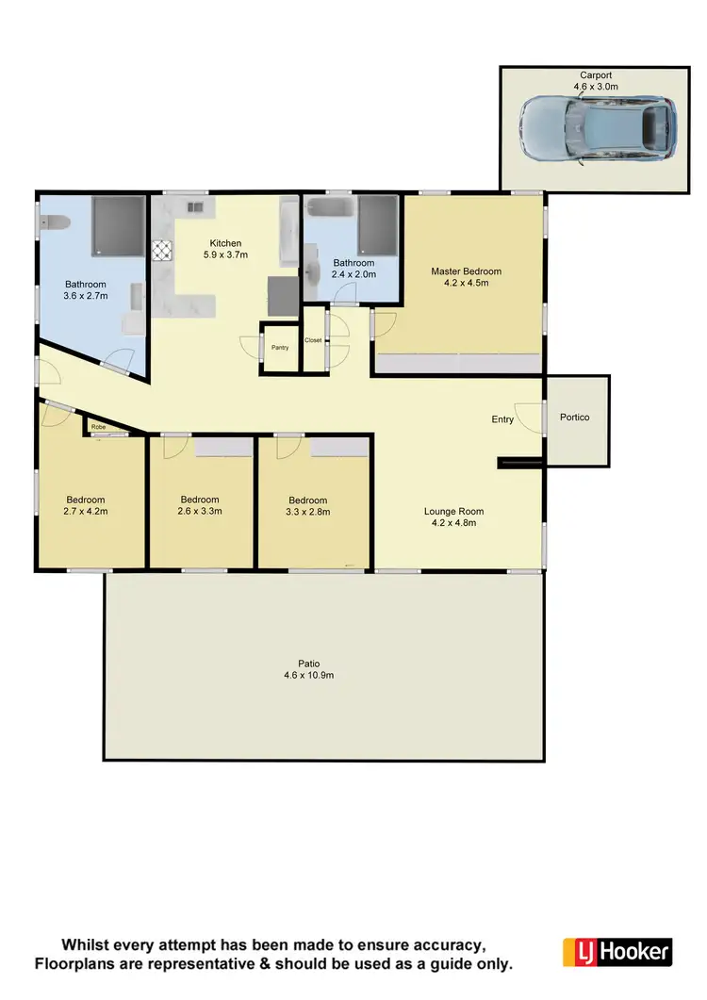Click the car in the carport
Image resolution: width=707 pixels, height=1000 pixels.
[x=598, y=130]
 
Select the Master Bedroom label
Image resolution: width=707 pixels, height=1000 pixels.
[x=466, y=271]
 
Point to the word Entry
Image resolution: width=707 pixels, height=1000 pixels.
[x=502, y=419]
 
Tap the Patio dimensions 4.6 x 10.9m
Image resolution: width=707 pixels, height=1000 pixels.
[x=310, y=676]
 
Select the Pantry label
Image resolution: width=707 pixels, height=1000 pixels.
[x=280, y=348]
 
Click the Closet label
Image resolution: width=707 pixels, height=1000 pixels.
[x=313, y=340]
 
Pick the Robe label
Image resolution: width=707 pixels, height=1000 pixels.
[x=99, y=427]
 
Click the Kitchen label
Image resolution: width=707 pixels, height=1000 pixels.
[x=225, y=242]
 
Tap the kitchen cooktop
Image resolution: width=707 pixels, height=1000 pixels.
[x=162, y=250]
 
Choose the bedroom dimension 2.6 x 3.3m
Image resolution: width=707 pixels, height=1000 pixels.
[x=199, y=513]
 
